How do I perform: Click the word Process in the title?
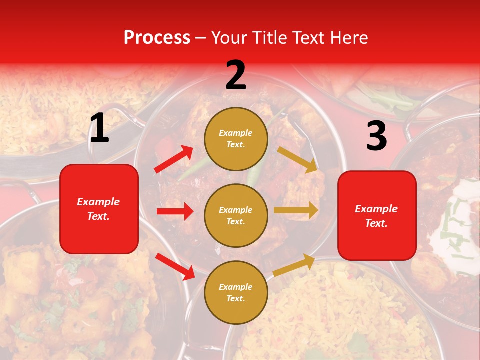[x=157, y=38]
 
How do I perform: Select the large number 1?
[x=99, y=128]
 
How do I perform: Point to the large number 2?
[x=236, y=75]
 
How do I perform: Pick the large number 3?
[x=376, y=136]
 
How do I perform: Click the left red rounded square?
[x=99, y=209]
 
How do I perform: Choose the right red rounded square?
[x=377, y=215]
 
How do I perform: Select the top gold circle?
[x=236, y=139]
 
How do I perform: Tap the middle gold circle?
[x=236, y=215]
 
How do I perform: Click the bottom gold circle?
[x=236, y=292]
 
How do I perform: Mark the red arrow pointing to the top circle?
[x=174, y=159]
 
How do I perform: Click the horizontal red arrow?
[x=175, y=211]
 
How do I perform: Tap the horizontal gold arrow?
[x=296, y=210]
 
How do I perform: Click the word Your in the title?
[x=230, y=38]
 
